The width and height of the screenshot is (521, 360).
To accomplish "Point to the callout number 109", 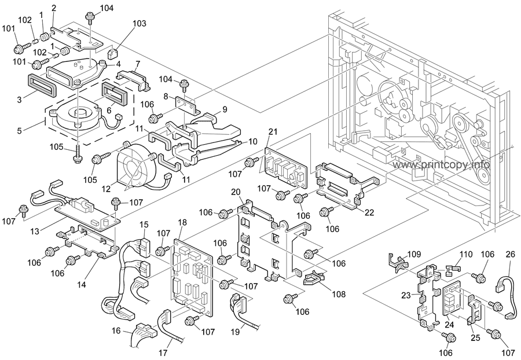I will (x=413, y=254).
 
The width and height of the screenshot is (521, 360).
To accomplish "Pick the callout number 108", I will (x=338, y=294).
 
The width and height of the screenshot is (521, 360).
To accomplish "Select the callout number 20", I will (x=236, y=192).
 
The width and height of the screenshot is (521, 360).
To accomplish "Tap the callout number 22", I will (x=369, y=212).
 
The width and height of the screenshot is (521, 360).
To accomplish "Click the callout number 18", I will (x=182, y=223).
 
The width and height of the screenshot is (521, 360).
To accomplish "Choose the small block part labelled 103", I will (x=115, y=53).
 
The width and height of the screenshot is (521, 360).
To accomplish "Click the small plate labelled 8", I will (x=187, y=105).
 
